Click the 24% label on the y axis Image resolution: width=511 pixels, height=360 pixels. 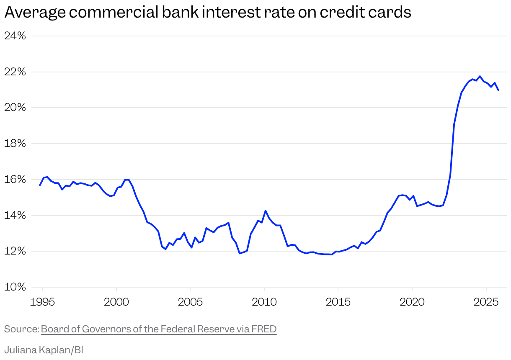pyautogui.click(x=15, y=36)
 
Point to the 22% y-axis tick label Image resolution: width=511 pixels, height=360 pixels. pyautogui.click(x=15, y=72)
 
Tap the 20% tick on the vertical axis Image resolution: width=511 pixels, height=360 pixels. pyautogui.click(x=15, y=108)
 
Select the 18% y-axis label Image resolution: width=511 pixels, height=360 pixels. pyautogui.click(x=15, y=144)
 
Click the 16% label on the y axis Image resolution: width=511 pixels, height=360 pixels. pyautogui.click(x=15, y=180)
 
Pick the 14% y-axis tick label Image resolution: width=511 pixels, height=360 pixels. pyautogui.click(x=15, y=216)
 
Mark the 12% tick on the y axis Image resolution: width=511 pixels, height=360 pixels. pyautogui.click(x=15, y=251)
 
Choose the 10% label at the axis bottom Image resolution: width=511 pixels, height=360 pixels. pyautogui.click(x=15, y=287)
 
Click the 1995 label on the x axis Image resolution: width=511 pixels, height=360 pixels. pyautogui.click(x=42, y=302)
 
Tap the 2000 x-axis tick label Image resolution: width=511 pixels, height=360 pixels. pyautogui.click(x=116, y=302)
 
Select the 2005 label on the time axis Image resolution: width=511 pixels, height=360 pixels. pyautogui.click(x=190, y=302)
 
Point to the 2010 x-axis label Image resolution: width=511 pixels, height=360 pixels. pyautogui.click(x=264, y=302)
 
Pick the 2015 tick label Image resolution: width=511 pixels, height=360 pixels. pyautogui.click(x=338, y=302)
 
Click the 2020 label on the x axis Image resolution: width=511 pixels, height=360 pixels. pyautogui.click(x=412, y=302)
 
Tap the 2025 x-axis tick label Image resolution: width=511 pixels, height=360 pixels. pyautogui.click(x=486, y=302)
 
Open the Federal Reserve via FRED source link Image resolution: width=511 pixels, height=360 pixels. pyautogui.click(x=159, y=329)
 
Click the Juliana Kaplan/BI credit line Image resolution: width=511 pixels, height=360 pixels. pyautogui.click(x=44, y=350)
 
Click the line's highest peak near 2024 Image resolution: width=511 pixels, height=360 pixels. pyautogui.click(x=480, y=76)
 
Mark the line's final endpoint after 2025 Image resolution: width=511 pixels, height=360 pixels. pyautogui.click(x=498, y=90)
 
